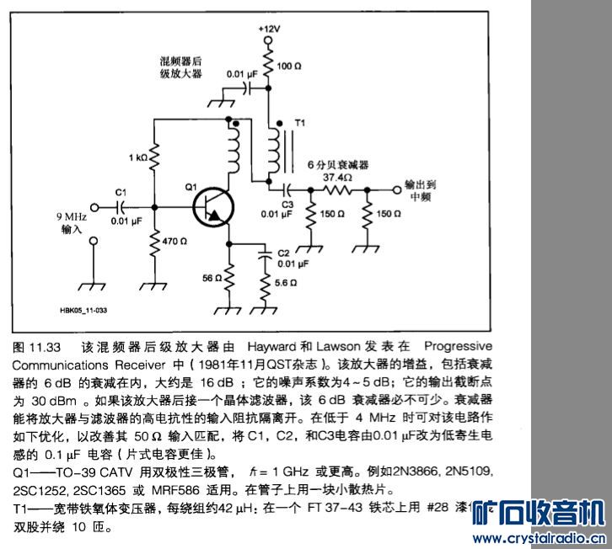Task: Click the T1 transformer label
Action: (x=298, y=123)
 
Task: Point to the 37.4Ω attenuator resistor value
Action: (x=337, y=178)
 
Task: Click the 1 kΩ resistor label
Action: (x=139, y=157)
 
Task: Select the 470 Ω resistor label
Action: (x=175, y=241)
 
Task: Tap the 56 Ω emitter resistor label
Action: (x=212, y=277)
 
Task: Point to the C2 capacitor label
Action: (x=283, y=253)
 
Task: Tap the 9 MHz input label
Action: (x=72, y=221)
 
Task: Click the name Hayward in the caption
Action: (x=272, y=347)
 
